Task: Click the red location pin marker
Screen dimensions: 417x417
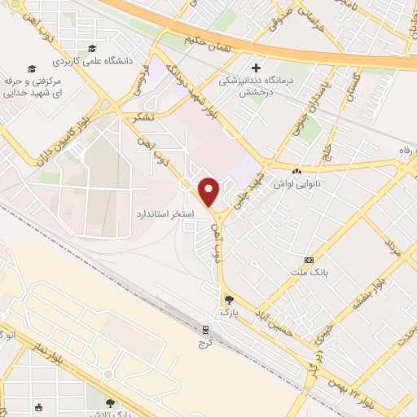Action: pos(209,191)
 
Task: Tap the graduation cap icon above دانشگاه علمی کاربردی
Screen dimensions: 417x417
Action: pos(91,48)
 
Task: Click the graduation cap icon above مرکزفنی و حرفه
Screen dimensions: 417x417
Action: pos(32,69)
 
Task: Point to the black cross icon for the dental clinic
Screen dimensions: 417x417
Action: pos(257,68)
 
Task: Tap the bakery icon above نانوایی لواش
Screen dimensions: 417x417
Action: pos(296,171)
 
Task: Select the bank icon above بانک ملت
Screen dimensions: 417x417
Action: pos(309,259)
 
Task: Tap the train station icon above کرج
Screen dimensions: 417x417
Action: pos(204,330)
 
